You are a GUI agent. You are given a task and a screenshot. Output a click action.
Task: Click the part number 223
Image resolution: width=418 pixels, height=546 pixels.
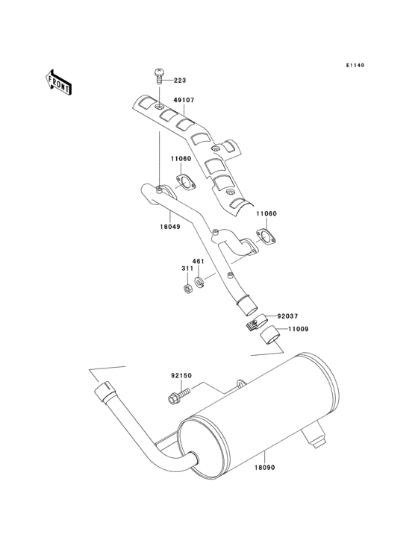(x=181, y=81)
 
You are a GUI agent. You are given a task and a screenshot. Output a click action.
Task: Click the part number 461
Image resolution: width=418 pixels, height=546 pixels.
(x=199, y=262)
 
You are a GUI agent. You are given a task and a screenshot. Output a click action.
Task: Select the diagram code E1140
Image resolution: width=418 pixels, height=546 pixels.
(x=355, y=66)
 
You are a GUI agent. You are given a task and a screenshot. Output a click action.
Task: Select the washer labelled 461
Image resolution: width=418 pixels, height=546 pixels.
(x=199, y=282)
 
